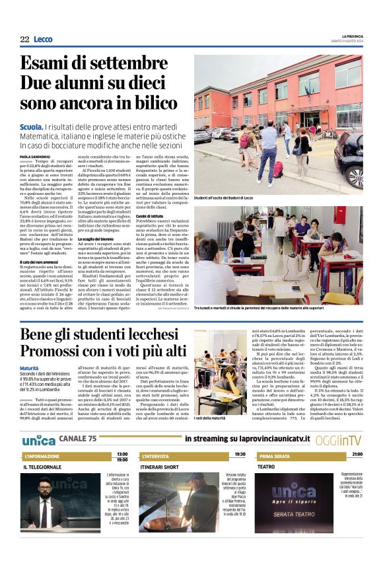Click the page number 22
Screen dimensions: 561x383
[24, 40]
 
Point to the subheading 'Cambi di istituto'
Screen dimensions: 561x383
[151, 216]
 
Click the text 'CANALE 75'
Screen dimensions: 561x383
[77, 439]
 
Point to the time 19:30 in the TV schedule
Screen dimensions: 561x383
[240, 455]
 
